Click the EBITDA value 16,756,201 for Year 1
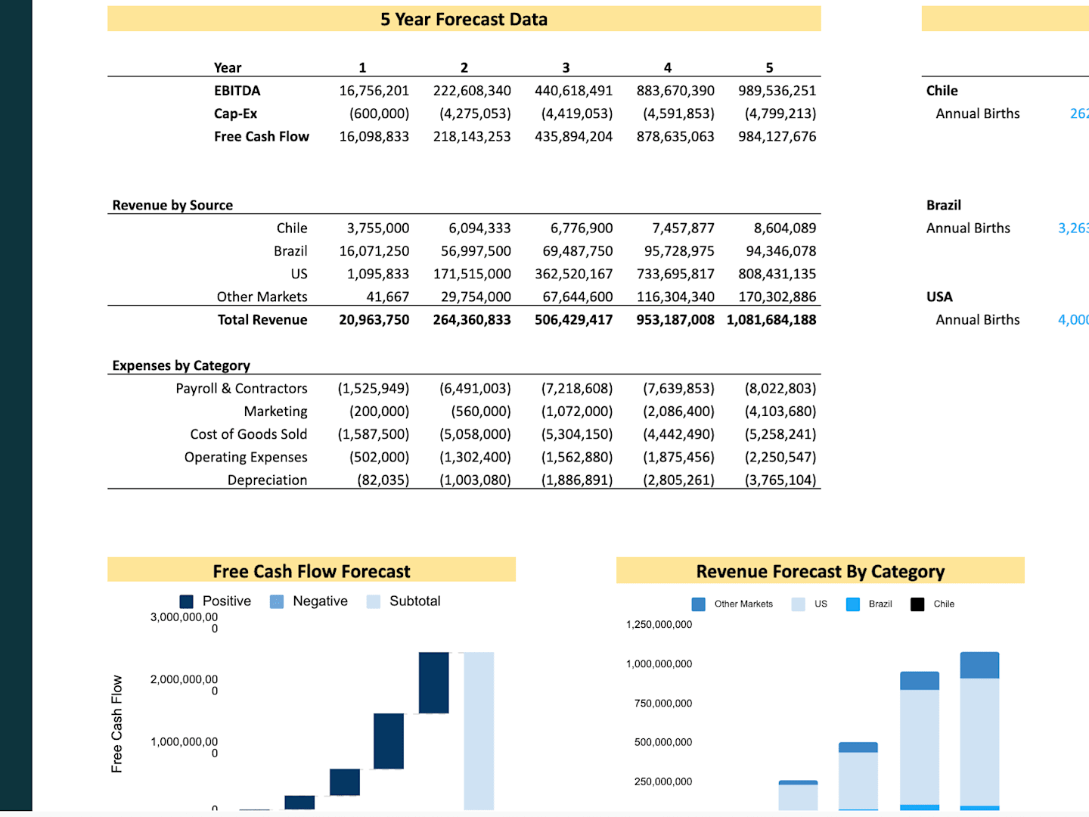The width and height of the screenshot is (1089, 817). coord(374,91)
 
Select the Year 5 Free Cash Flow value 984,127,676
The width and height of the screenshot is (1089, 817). coord(777,137)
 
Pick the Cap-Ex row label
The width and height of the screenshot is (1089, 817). coord(235,113)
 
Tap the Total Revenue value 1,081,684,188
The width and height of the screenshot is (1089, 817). coord(771,320)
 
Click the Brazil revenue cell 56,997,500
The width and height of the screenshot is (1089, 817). coord(476,251)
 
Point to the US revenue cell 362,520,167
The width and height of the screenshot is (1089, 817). coord(573,274)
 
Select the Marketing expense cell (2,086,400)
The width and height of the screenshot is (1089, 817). coord(678,412)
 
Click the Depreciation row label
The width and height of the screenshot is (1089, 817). coord(267,480)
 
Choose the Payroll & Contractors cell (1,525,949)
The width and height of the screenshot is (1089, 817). coord(373,389)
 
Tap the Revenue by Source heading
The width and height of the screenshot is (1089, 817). coord(172,205)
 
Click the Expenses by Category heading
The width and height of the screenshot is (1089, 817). coord(181,365)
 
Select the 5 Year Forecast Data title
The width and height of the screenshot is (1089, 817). coord(464,20)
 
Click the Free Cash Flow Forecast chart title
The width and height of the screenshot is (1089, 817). coord(311,571)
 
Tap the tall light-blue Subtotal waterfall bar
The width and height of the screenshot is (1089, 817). coord(479,730)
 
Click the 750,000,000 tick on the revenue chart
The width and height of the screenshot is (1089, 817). coord(662,704)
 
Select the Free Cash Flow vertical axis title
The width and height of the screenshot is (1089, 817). coord(116,724)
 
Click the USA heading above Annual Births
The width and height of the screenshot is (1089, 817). coord(939,297)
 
